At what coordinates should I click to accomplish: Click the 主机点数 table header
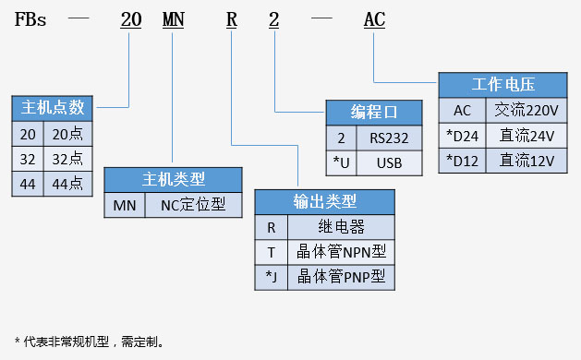tap(52, 108)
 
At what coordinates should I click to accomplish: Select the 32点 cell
tap(67, 159)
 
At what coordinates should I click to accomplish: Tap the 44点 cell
tap(67, 184)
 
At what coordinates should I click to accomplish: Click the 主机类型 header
tap(174, 179)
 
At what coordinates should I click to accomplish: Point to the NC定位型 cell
tap(193, 205)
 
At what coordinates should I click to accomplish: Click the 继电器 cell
tap(341, 227)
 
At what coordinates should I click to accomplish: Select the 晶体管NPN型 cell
tap(341, 252)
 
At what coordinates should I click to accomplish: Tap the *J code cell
tap(272, 277)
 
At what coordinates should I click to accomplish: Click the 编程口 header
tap(373, 113)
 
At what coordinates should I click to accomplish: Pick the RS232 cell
tap(389, 138)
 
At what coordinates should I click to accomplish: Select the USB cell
tap(389, 162)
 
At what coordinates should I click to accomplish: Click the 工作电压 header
tap(503, 85)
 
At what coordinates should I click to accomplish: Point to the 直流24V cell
tap(527, 135)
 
